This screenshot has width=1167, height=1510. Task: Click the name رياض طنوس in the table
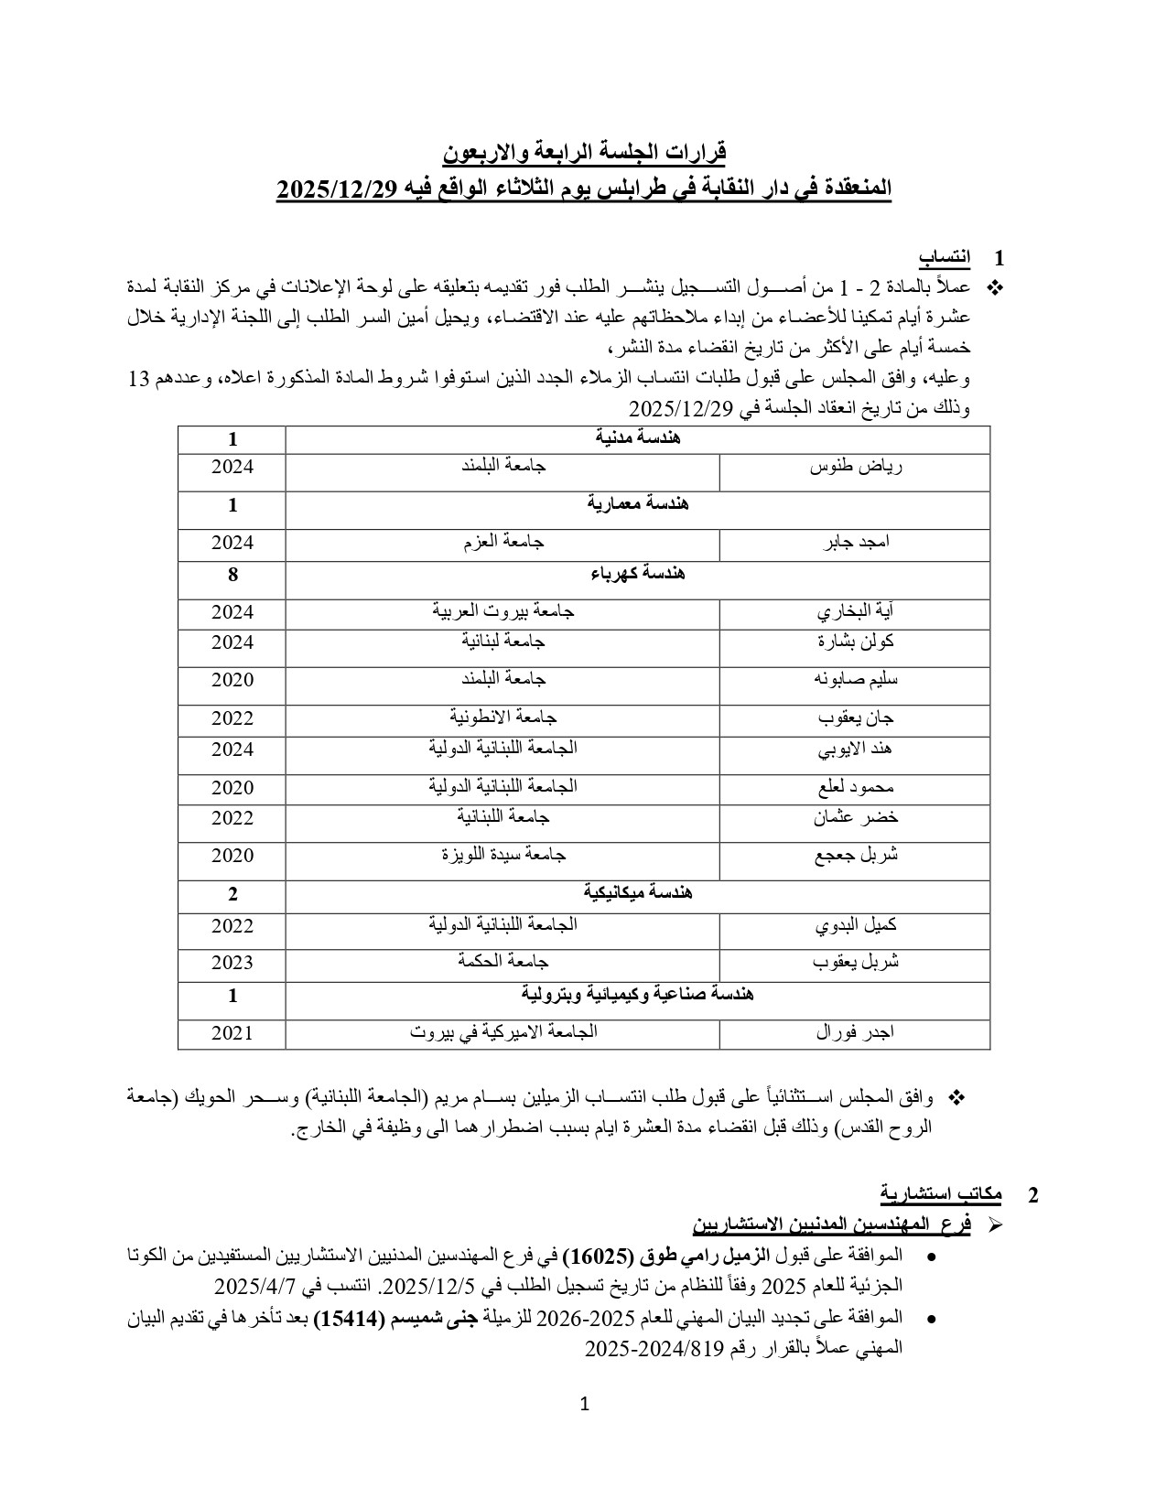(x=856, y=467)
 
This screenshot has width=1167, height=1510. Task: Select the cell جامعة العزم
(x=503, y=542)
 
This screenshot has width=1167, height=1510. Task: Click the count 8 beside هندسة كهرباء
(x=232, y=575)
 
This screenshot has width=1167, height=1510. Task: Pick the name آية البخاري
(x=856, y=611)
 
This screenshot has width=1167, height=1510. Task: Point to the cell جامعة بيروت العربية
(x=503, y=610)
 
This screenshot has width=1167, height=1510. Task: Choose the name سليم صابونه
(x=856, y=679)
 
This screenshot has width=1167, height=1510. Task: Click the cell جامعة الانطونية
(x=503, y=717)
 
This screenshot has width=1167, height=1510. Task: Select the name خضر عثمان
(x=856, y=817)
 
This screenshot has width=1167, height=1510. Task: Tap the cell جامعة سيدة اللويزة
(x=503, y=855)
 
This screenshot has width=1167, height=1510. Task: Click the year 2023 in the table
(x=232, y=963)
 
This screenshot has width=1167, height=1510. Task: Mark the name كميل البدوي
(x=856, y=925)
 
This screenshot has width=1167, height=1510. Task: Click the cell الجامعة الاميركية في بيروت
(x=503, y=1031)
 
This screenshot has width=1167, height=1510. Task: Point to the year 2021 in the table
(x=232, y=1033)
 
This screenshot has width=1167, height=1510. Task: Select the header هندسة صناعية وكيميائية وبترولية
(x=638, y=994)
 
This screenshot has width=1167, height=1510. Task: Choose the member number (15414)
(x=347, y=1318)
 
